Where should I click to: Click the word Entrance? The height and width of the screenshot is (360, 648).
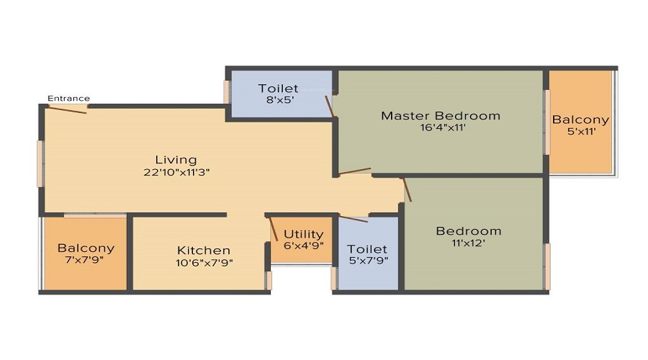68,99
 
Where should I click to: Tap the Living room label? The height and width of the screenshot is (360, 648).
176,159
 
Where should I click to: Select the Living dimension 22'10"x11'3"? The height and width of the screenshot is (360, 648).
176,172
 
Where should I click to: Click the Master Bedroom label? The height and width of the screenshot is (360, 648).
440,115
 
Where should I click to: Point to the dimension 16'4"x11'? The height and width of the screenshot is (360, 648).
440,128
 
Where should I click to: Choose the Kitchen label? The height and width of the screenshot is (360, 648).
204,250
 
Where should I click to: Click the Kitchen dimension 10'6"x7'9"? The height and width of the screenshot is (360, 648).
204,262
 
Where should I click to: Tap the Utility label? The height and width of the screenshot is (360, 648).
303,234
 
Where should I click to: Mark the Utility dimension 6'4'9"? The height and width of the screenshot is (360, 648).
303,245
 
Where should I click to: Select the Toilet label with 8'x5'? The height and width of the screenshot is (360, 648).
278,89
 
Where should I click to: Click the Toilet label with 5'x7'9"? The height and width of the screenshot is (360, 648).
367,249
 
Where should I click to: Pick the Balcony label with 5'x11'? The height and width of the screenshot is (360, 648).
580,120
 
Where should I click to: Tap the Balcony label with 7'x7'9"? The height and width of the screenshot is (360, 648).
86,248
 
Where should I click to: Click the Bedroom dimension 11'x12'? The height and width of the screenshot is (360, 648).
469,243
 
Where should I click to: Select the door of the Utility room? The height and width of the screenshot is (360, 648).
274,228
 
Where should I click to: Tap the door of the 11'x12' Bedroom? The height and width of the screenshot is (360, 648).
407,190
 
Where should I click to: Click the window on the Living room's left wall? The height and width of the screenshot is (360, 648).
40,163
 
